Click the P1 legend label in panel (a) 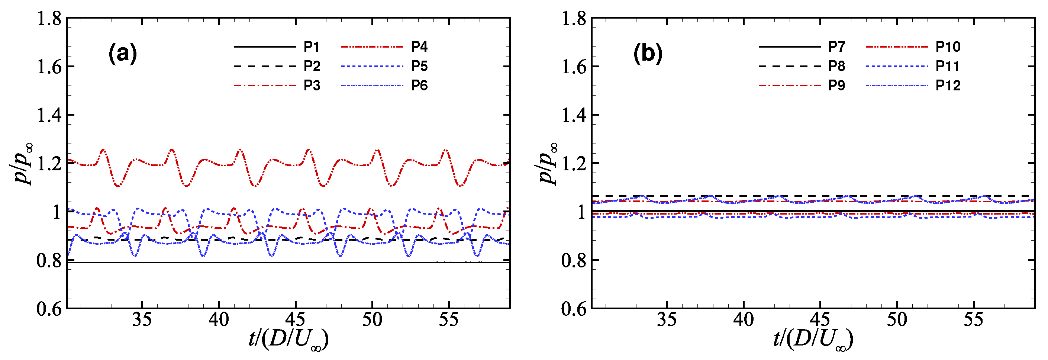pyautogui.click(x=311, y=47)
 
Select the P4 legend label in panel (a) pyautogui.click(x=419, y=47)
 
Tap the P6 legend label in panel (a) pyautogui.click(x=419, y=86)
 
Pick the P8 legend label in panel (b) pyautogui.click(x=836, y=66)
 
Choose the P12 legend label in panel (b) pyautogui.click(x=948, y=86)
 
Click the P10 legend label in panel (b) pyautogui.click(x=948, y=47)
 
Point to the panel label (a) pyautogui.click(x=122, y=54)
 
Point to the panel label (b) pyautogui.click(x=648, y=54)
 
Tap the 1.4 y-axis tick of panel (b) pyautogui.click(x=574, y=116)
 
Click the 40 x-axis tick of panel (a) pyautogui.click(x=219, y=320)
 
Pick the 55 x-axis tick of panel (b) pyautogui.click(x=973, y=320)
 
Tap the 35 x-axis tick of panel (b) pyautogui.click(x=667, y=320)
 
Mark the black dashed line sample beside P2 pyautogui.click(x=265, y=66)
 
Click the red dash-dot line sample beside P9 pyautogui.click(x=789, y=86)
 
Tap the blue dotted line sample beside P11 pyautogui.click(x=897, y=66)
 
